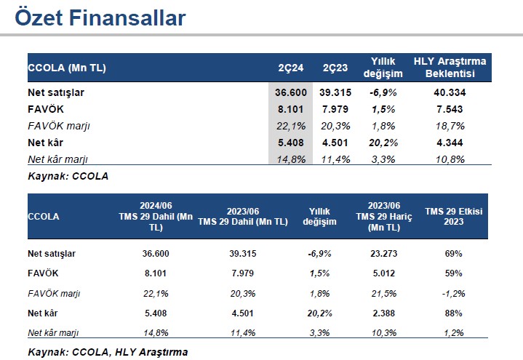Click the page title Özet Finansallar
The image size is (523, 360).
(x=100, y=18)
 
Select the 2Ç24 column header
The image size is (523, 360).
(x=290, y=68)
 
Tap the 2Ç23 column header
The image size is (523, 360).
(x=335, y=68)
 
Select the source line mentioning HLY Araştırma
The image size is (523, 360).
(x=108, y=352)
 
